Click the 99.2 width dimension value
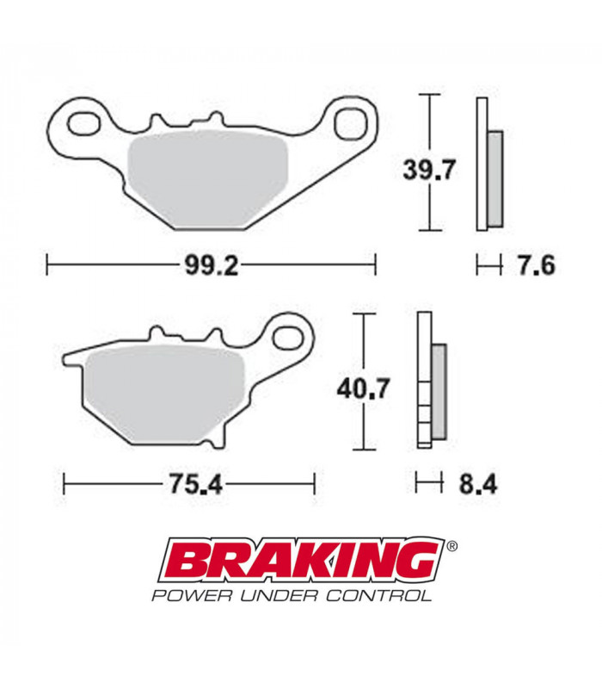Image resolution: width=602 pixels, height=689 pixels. [211, 264]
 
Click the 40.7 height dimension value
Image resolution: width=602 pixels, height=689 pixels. [360, 389]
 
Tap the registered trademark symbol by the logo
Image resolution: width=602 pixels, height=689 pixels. [452, 546]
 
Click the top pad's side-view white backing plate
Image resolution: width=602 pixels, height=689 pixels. [482, 164]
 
